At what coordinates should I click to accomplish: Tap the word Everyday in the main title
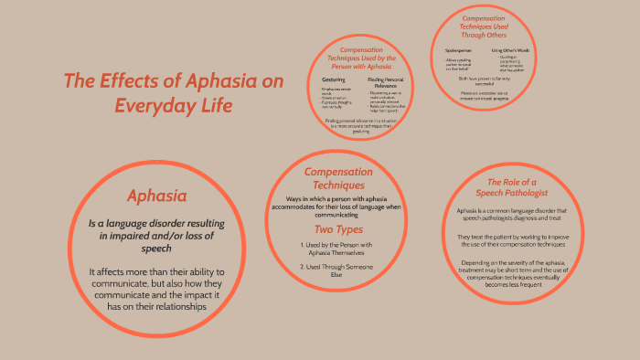click(x=159, y=106)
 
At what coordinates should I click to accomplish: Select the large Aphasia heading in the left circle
click(x=157, y=196)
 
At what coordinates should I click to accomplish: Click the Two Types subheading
click(x=338, y=229)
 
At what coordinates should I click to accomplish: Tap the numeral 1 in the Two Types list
click(x=302, y=245)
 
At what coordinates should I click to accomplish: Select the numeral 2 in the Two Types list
click(x=301, y=266)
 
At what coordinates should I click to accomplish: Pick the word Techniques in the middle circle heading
click(x=339, y=185)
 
